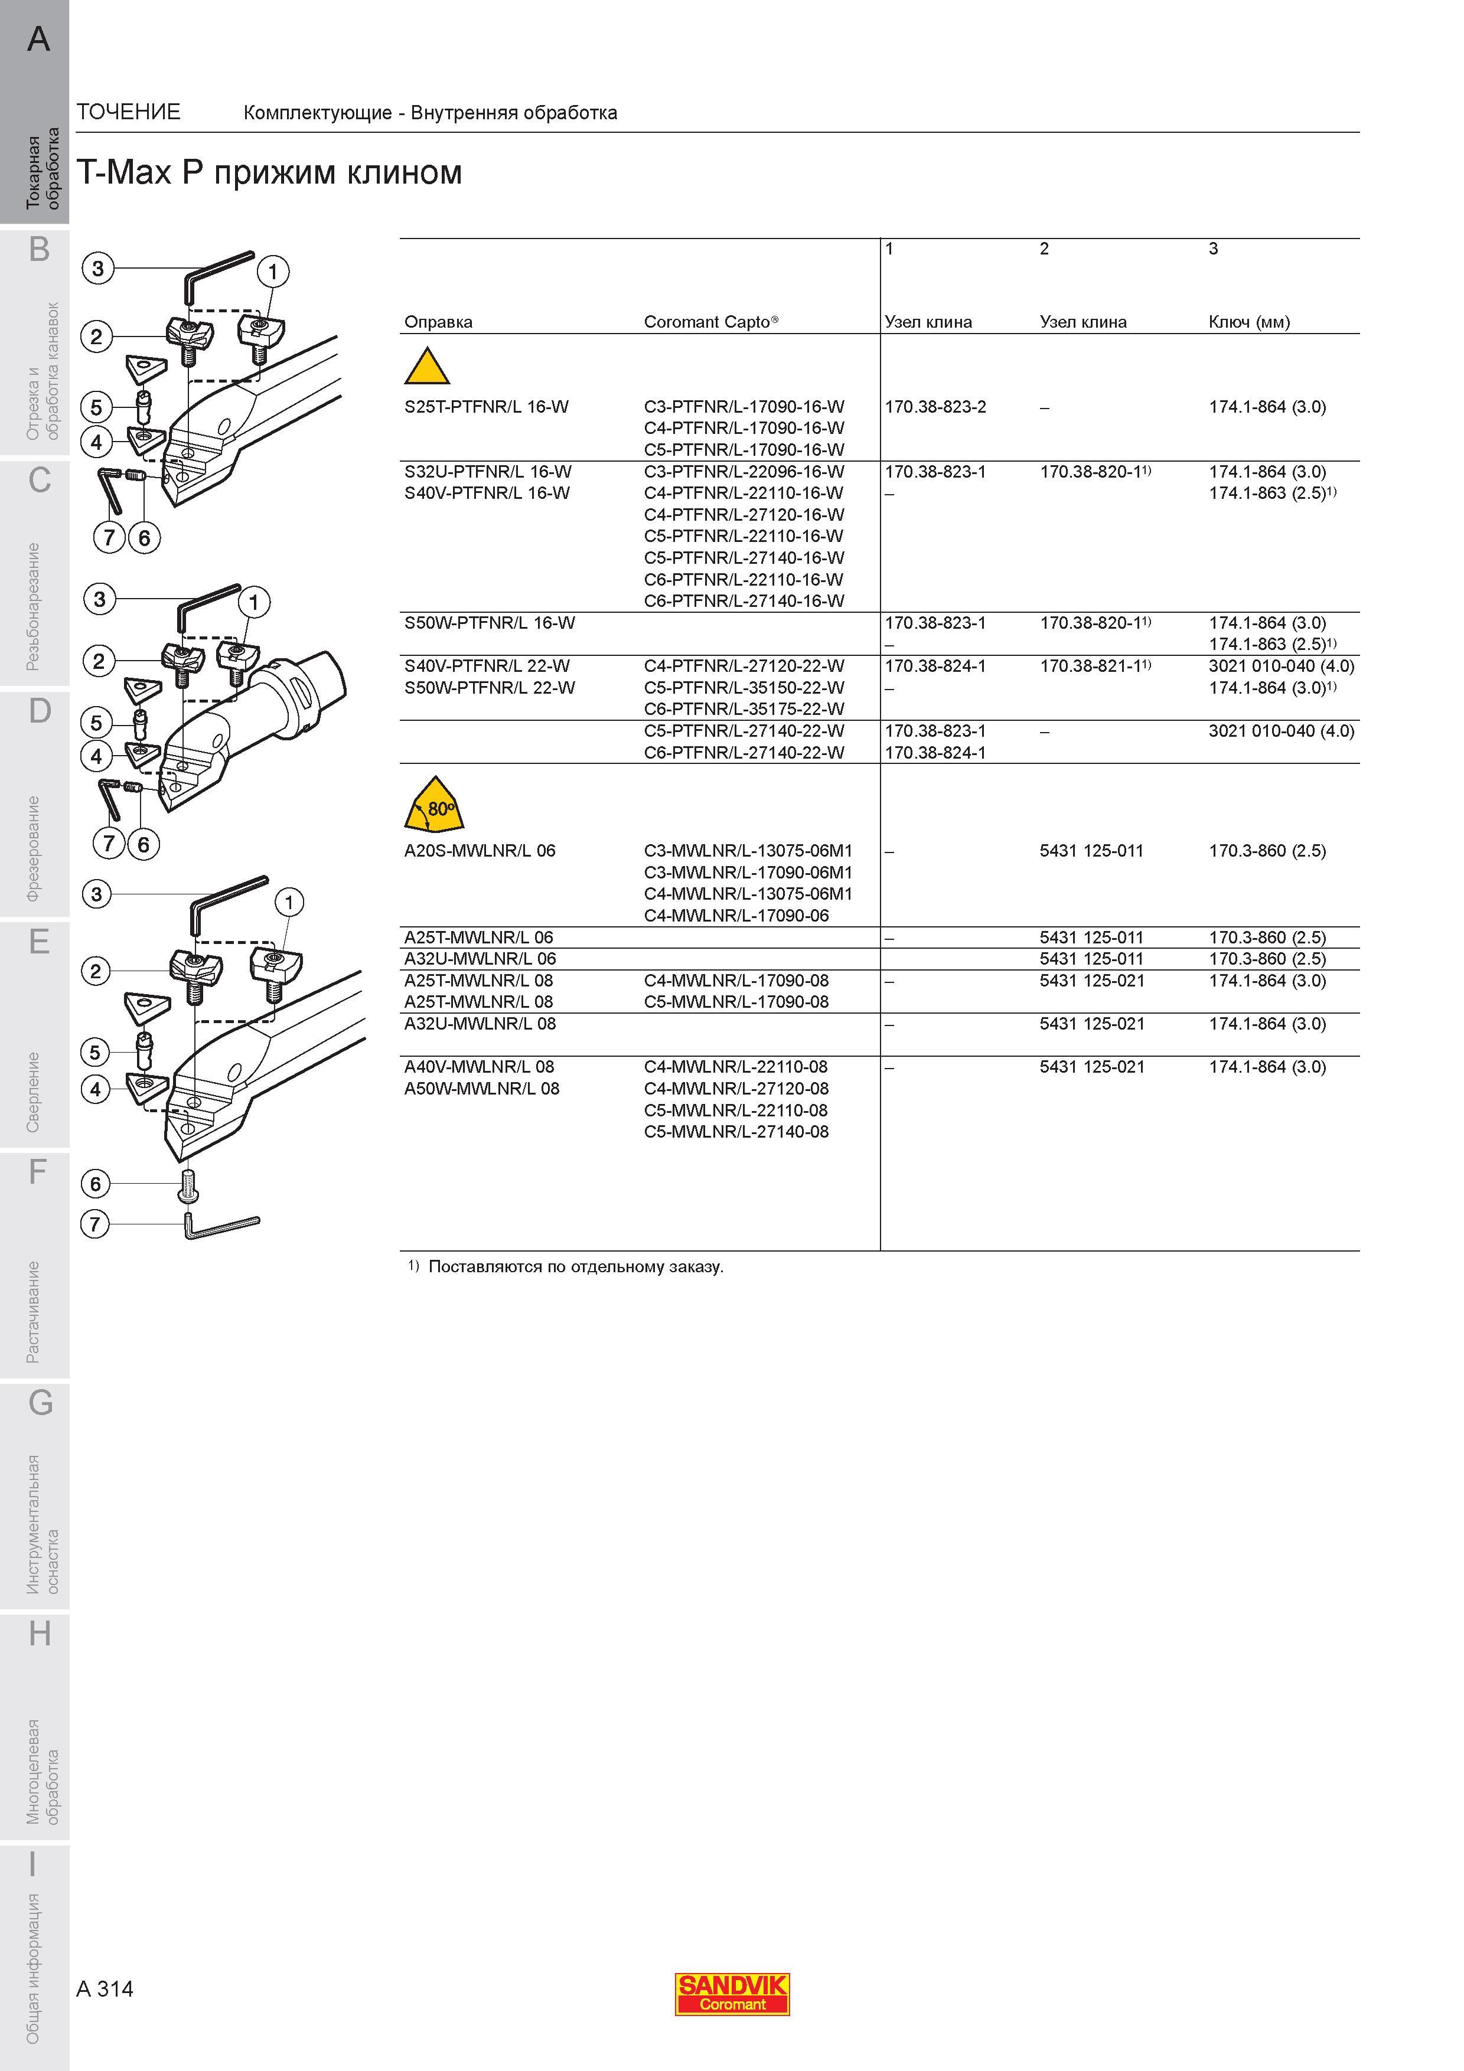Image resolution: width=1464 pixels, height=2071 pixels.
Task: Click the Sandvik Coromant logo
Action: click(732, 1994)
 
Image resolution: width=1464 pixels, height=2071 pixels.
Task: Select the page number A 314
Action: click(105, 1989)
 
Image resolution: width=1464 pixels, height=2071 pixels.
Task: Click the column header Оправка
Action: click(438, 322)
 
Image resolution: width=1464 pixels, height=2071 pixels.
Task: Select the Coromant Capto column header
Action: click(711, 322)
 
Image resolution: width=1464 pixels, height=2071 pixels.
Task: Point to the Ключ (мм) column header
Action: click(1249, 322)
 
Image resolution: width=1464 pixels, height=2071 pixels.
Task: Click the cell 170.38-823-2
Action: click(935, 407)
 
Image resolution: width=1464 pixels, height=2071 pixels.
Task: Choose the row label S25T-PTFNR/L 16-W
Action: click(486, 407)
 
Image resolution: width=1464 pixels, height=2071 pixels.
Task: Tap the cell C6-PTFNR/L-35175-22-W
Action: click(744, 709)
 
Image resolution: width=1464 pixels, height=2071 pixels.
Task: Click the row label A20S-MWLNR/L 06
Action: click(480, 851)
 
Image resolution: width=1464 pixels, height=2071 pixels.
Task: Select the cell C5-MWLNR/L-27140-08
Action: click(736, 1132)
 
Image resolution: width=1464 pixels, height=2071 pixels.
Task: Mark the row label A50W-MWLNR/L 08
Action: click(482, 1089)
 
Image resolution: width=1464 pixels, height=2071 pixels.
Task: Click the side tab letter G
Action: click(40, 1403)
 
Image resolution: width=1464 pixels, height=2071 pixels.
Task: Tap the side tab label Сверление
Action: click(34, 1092)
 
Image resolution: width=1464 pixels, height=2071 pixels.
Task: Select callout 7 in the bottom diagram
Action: click(94, 1224)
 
